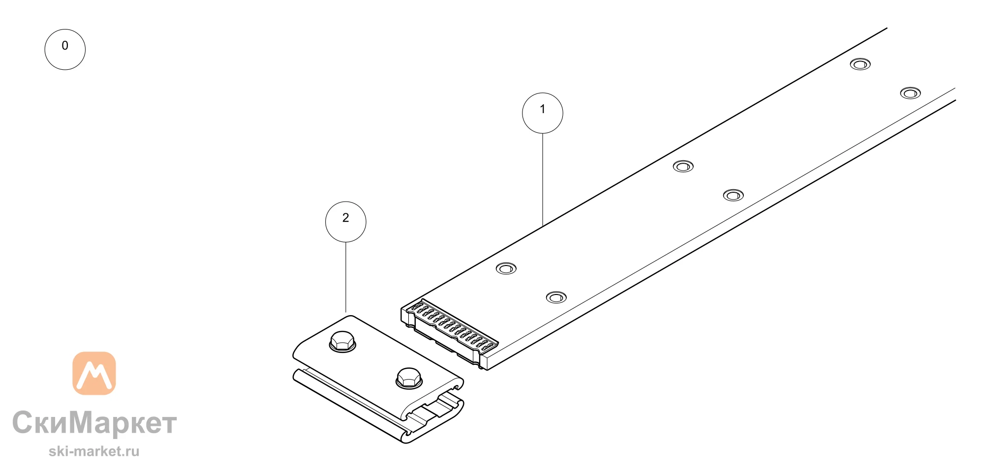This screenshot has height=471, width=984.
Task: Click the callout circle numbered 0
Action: tap(65, 49)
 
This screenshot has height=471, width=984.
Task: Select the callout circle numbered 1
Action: tap(543, 113)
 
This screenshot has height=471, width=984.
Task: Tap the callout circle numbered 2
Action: tap(346, 222)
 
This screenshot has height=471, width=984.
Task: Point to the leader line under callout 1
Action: tap(543, 179)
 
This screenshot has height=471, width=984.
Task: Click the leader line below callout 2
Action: tap(346, 277)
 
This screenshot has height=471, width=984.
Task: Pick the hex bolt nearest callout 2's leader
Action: tap(342, 341)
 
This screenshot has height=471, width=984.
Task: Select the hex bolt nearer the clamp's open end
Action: tap(409, 378)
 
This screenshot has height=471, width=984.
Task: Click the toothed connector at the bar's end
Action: tap(449, 332)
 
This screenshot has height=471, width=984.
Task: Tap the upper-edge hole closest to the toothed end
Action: tap(506, 268)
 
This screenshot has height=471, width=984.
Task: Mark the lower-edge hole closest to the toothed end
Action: tap(556, 297)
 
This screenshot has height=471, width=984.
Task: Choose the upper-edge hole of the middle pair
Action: tap(683, 166)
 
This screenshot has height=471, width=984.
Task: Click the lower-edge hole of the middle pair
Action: tap(734, 195)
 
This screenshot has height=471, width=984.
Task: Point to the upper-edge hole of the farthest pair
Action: tap(861, 64)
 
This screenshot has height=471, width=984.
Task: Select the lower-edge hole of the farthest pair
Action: tap(911, 93)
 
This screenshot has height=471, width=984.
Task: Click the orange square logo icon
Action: tap(94, 373)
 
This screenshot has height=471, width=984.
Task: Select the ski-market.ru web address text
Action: tap(94, 451)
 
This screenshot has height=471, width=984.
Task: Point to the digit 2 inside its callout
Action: tap(346, 218)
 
